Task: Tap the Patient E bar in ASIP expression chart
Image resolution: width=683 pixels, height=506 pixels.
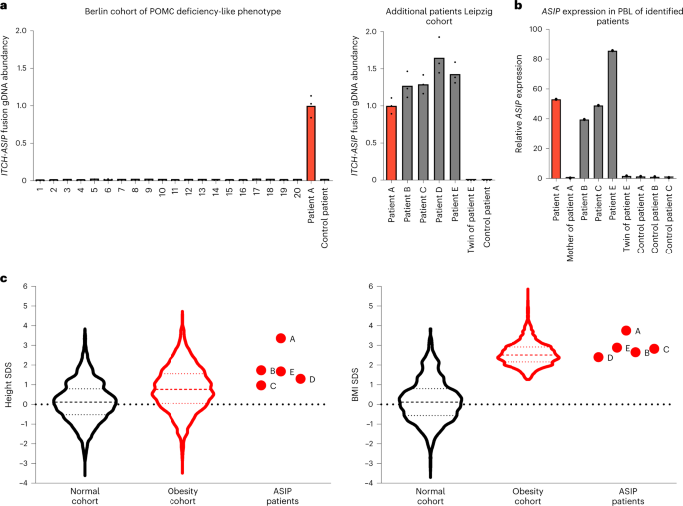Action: pyautogui.click(x=611, y=115)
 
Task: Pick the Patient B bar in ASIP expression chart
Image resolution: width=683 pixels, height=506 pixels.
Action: pyautogui.click(x=583, y=149)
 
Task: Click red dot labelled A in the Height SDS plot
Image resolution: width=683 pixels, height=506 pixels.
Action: pyautogui.click(x=281, y=338)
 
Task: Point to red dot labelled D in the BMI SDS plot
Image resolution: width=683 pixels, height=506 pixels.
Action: pyautogui.click(x=598, y=357)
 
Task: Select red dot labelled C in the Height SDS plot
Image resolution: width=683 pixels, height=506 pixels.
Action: pyautogui.click(x=261, y=385)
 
